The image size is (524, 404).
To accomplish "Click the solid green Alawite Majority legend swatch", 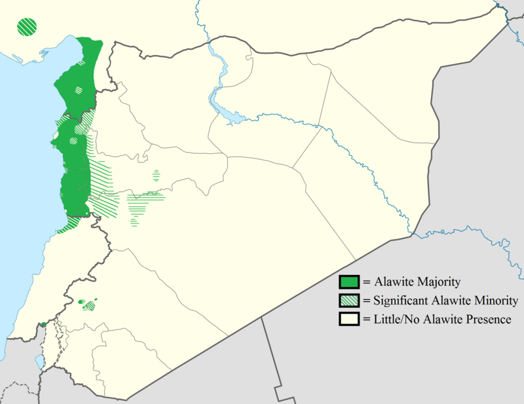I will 348,282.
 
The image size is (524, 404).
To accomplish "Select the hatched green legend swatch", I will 348,301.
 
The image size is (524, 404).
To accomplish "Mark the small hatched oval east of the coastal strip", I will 156,175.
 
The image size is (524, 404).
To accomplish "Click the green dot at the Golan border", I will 43,324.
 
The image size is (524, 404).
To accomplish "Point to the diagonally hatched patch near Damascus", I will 90,305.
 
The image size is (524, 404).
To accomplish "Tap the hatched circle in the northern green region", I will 79,90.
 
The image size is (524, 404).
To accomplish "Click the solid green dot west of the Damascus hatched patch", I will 81,302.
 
